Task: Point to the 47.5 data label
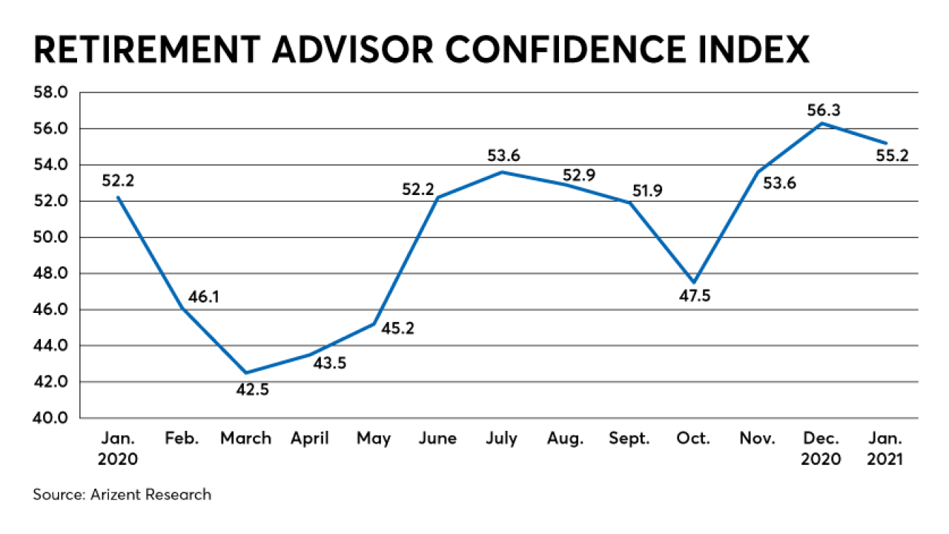click(694, 297)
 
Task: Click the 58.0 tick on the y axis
click(51, 93)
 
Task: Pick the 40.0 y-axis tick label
click(51, 418)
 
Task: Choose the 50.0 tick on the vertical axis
click(51, 237)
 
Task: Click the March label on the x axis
click(245, 438)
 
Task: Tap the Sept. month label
click(629, 438)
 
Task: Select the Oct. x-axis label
click(694, 438)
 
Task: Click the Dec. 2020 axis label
click(821, 448)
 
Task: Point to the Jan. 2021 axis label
click(884, 448)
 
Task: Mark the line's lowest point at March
click(245, 373)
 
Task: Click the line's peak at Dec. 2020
click(821, 123)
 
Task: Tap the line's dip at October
click(694, 283)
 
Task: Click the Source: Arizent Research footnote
click(122, 495)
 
